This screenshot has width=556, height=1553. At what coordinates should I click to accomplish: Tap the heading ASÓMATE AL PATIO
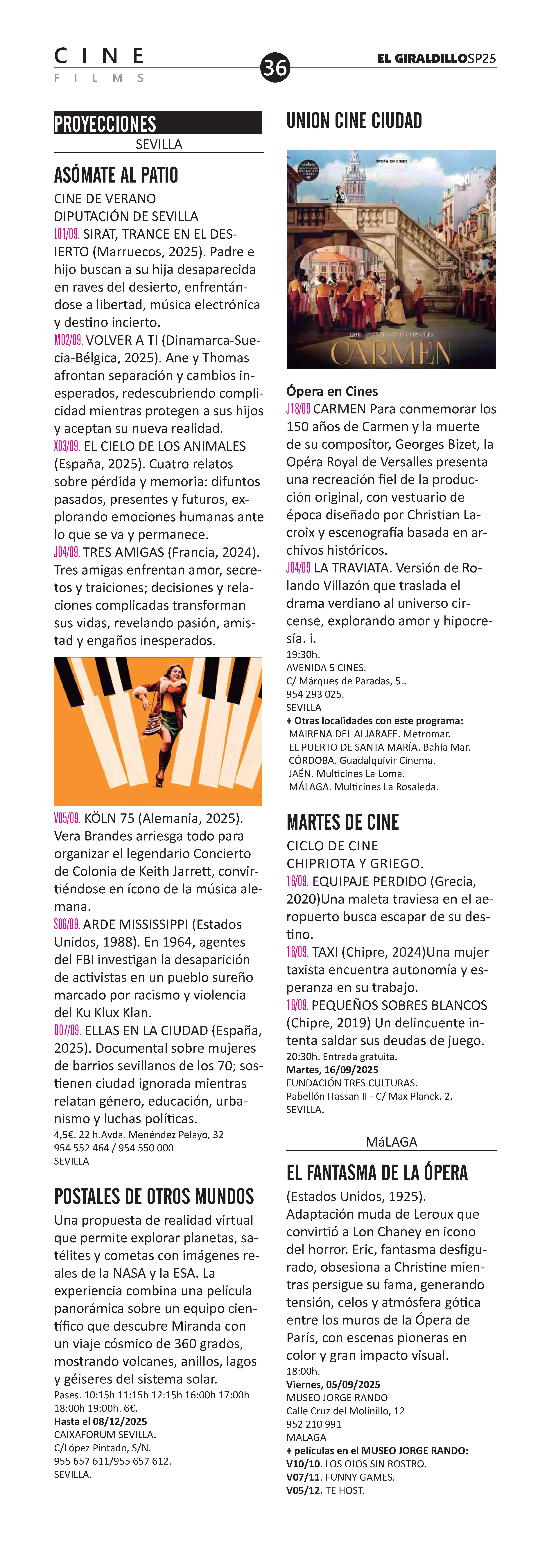(116, 175)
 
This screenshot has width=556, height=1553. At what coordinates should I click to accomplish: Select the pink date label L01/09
(67, 234)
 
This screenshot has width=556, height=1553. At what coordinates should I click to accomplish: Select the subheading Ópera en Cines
(332, 391)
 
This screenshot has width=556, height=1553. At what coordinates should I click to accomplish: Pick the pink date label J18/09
(298, 409)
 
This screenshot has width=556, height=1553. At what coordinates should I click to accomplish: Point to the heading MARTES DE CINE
(343, 822)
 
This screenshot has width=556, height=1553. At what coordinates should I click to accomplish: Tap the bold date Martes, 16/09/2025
(333, 1070)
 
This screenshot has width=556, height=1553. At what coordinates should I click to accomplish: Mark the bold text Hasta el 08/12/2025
(101, 1421)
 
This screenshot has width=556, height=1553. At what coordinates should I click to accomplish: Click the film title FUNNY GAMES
(360, 1477)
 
